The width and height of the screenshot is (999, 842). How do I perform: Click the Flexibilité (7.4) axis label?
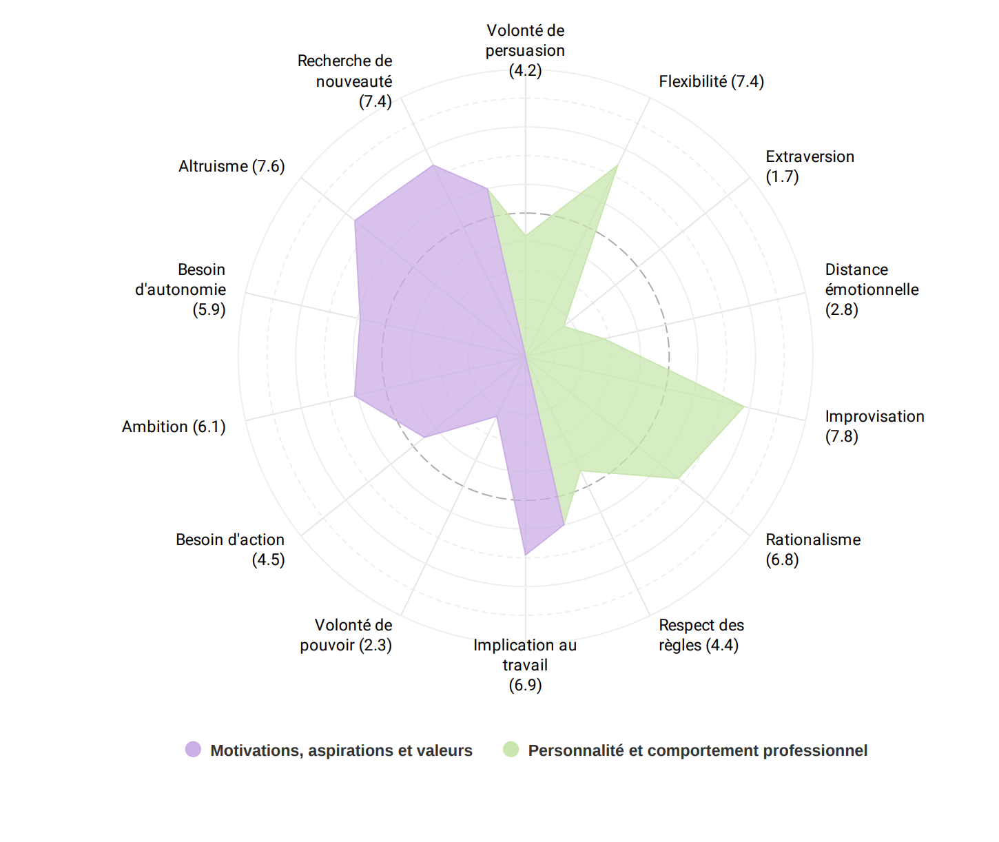pyautogui.click(x=711, y=81)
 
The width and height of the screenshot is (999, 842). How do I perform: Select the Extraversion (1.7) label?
pyautogui.click(x=810, y=166)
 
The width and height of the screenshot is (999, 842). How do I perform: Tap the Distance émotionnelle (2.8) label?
pyautogui.click(x=872, y=289)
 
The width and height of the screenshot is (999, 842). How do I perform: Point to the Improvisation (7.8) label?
pyautogui.click(x=874, y=426)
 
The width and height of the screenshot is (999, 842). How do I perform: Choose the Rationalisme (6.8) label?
pyautogui.click(x=813, y=549)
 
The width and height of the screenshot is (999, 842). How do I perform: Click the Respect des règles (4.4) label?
pyautogui.click(x=701, y=635)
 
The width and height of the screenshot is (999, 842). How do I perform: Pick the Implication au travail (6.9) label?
pyautogui.click(x=525, y=665)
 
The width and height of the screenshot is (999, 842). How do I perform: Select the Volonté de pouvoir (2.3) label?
pyautogui.click(x=347, y=635)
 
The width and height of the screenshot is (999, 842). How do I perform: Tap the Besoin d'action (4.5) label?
pyautogui.click(x=230, y=549)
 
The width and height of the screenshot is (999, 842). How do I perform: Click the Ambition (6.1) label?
pyautogui.click(x=174, y=427)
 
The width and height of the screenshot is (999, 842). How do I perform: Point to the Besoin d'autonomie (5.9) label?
pyautogui.click(x=181, y=289)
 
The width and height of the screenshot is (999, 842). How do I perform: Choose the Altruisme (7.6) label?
pyautogui.click(x=231, y=166)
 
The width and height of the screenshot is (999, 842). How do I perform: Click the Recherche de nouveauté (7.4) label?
pyautogui.click(x=345, y=81)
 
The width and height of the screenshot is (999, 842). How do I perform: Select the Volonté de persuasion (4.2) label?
pyautogui.click(x=525, y=50)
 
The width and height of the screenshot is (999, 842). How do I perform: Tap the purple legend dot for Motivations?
pyautogui.click(x=193, y=750)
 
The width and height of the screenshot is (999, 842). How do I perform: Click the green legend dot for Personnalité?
pyautogui.click(x=511, y=750)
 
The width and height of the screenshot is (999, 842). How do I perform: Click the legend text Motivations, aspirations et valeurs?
pyautogui.click(x=341, y=750)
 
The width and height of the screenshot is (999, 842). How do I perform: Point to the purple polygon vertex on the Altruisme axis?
pyautogui.click(x=355, y=220)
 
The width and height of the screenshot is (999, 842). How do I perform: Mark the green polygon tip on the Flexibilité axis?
pyautogui.click(x=617, y=165)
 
